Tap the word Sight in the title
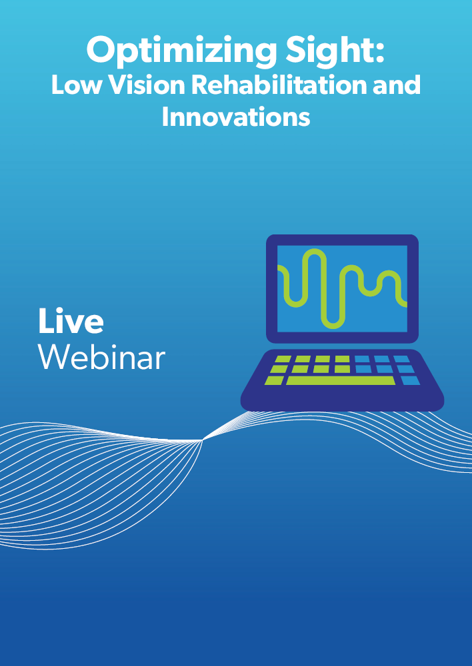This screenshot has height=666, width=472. [330, 49]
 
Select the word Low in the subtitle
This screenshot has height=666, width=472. [77, 85]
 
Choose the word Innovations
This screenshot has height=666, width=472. [236, 117]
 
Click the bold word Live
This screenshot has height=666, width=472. [71, 321]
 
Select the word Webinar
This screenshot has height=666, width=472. [101, 357]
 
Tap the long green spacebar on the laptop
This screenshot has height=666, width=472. [341, 380]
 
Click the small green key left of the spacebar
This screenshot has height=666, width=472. [274, 380]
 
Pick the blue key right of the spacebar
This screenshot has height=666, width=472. [410, 380]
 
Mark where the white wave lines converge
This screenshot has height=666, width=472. [203, 440]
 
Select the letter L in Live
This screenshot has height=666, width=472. [46, 321]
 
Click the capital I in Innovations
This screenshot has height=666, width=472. [165, 117]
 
